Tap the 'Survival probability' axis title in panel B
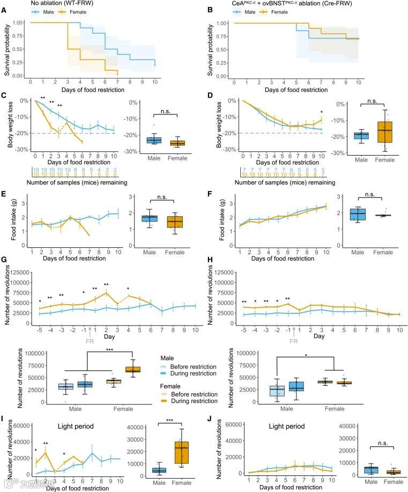216,49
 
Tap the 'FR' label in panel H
294,341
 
